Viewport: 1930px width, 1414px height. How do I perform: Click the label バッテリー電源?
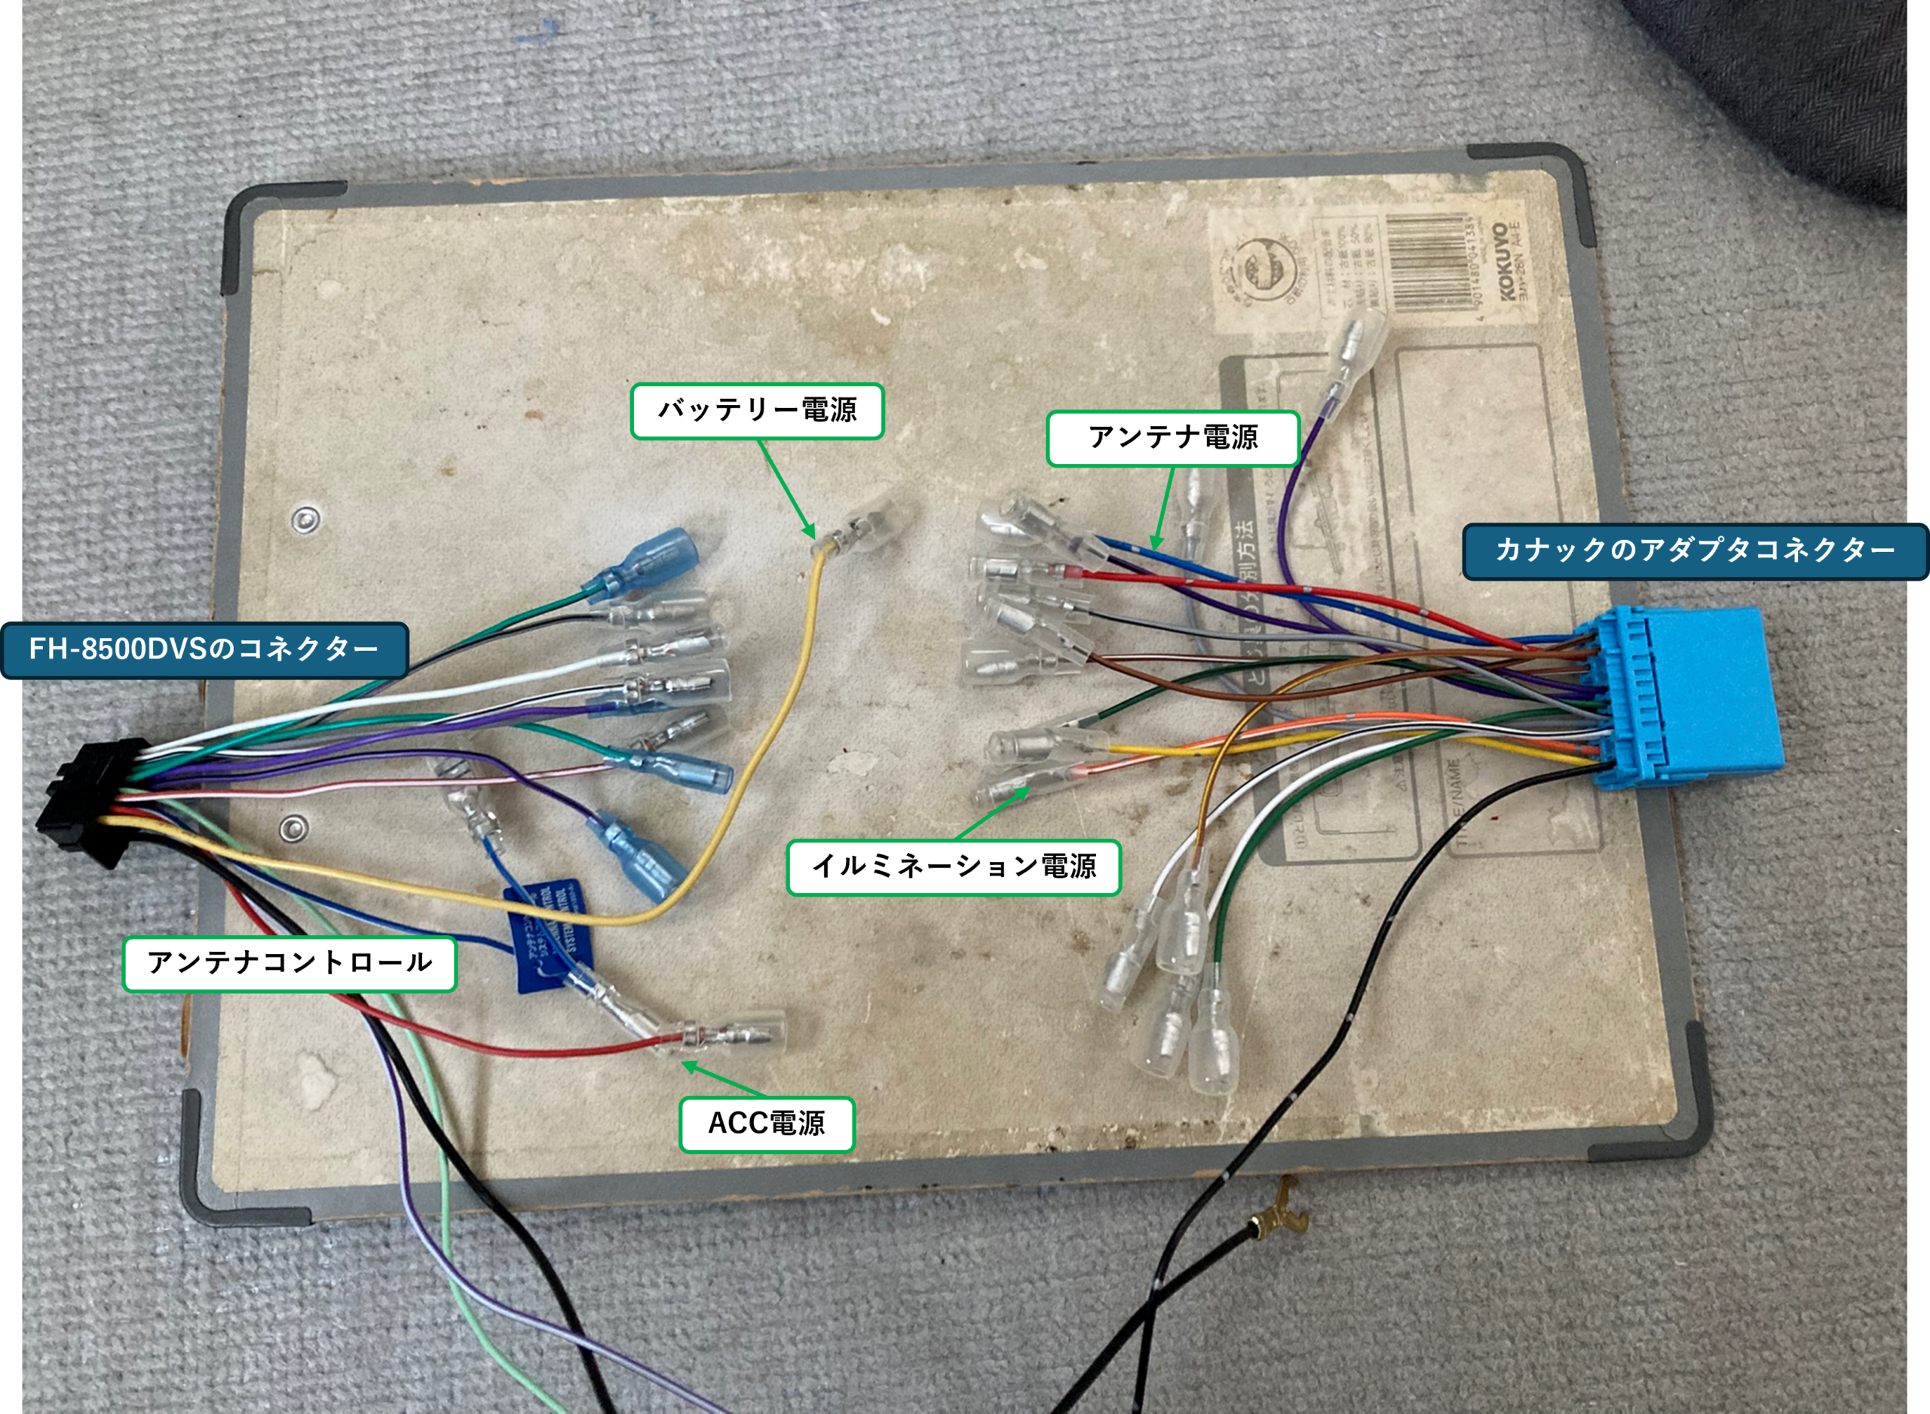tap(756, 411)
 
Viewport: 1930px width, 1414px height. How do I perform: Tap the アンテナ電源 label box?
tap(1172, 438)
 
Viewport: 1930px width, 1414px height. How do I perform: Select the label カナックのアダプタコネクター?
tap(1694, 551)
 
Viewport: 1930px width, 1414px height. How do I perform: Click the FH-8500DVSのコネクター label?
tap(204, 649)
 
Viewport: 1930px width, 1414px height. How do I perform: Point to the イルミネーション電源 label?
tap(953, 866)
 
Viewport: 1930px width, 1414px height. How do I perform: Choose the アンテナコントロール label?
tap(289, 963)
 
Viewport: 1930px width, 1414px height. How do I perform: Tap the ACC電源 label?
tap(767, 1124)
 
